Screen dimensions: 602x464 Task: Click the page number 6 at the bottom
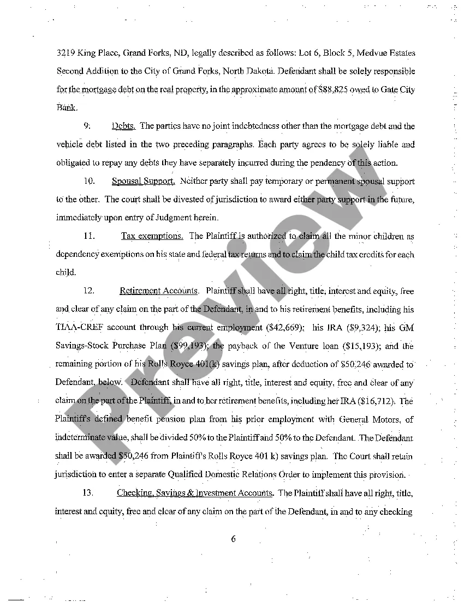coord(233,539)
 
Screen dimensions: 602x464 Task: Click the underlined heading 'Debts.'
coord(123,126)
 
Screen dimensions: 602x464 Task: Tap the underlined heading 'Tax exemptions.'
coord(152,236)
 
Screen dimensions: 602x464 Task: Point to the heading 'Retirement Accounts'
coord(159,291)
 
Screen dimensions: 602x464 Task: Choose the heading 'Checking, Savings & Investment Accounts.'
coord(195,493)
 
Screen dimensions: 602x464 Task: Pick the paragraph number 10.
coord(90,181)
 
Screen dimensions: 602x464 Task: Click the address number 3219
coord(66,53)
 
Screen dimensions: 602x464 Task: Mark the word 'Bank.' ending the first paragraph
coord(67,107)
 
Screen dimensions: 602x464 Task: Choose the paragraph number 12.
coord(89,291)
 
